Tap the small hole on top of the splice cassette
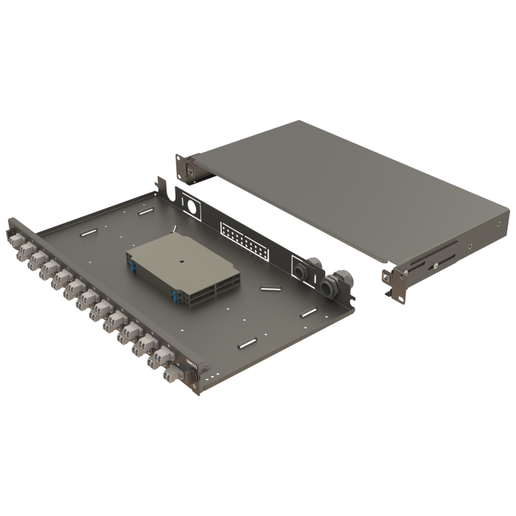tap(181, 260)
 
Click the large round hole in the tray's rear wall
tap(192, 209)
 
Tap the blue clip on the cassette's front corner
tap(175, 296)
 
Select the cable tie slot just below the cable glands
tap(308, 313)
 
